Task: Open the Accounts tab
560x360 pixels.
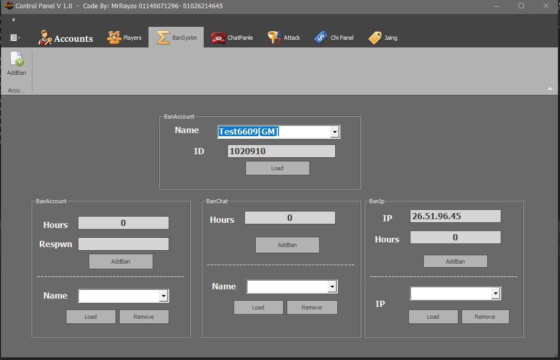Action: click(x=65, y=38)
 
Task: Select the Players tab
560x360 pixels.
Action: click(x=124, y=38)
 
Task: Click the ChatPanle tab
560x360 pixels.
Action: click(x=232, y=38)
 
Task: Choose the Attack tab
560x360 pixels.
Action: click(x=284, y=38)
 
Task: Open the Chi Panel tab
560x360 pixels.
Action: click(x=334, y=38)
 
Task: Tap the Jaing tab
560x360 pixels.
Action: click(x=383, y=38)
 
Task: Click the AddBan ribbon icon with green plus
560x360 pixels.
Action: click(x=17, y=59)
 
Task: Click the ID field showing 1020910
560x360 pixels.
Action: click(x=282, y=151)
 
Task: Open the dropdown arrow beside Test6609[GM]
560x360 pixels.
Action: click(x=335, y=132)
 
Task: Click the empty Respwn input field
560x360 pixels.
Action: click(x=124, y=244)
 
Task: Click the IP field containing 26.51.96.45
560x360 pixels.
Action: click(x=455, y=216)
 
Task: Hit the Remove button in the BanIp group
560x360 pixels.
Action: click(x=485, y=317)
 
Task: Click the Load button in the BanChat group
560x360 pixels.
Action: click(x=258, y=307)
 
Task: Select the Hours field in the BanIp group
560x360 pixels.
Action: click(x=455, y=237)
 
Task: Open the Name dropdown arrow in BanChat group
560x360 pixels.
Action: click(x=333, y=286)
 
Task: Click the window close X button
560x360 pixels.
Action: click(x=546, y=6)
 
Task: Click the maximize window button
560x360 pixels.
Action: click(x=521, y=6)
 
